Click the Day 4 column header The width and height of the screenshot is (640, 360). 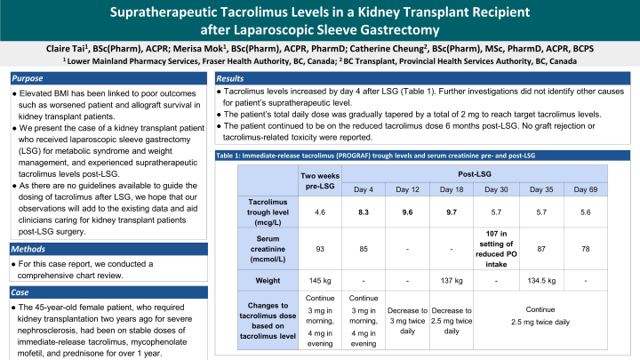[363, 189]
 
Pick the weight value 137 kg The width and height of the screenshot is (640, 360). [452, 280]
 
